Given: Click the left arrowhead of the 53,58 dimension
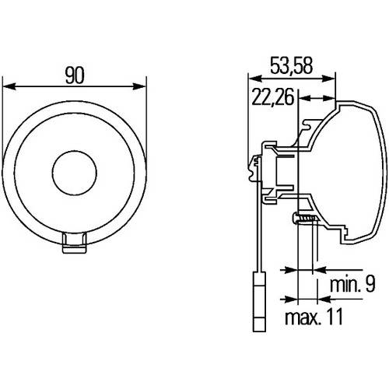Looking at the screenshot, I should [x=252, y=78].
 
